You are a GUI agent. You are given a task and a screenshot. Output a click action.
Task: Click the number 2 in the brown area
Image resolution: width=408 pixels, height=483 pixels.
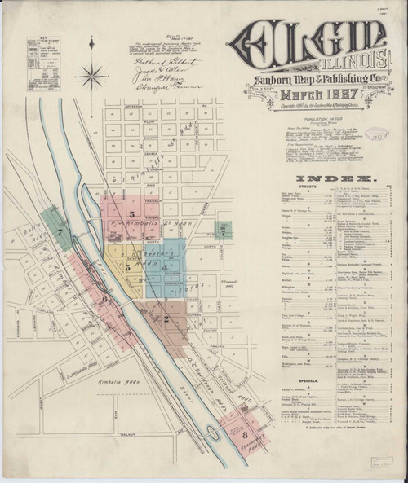166,318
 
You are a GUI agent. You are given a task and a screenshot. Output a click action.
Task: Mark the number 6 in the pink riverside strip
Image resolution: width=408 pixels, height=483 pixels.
105,300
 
